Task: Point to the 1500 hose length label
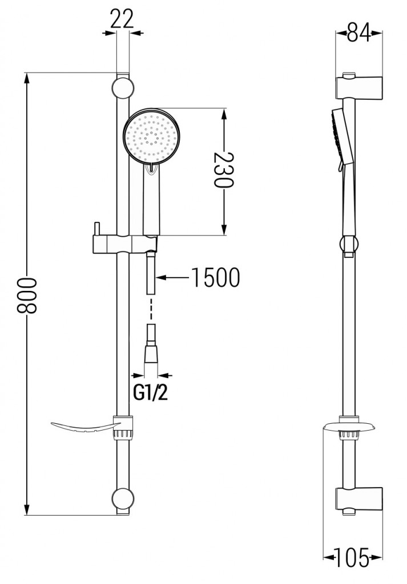click(x=215, y=278)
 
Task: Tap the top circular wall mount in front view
click(x=123, y=89)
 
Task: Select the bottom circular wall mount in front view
click(x=123, y=498)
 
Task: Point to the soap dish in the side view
click(x=349, y=427)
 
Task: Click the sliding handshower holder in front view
click(x=122, y=244)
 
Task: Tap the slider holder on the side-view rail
click(x=349, y=245)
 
